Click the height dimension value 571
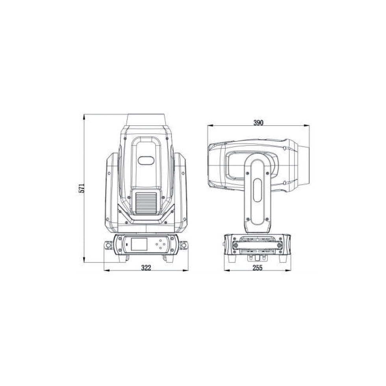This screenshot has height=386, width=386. [x=82, y=188]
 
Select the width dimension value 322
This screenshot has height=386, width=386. [x=146, y=267]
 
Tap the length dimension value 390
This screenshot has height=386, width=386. [x=258, y=122]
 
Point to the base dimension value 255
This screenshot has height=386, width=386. [x=258, y=267]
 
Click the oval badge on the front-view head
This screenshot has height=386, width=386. [x=146, y=161]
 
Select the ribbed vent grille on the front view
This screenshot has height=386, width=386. [x=146, y=203]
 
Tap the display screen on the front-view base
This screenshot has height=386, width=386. [x=139, y=244]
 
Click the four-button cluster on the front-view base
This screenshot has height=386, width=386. [x=161, y=244]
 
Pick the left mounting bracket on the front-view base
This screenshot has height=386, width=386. [x=108, y=245]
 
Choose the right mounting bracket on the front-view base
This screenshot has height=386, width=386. [x=184, y=245]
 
